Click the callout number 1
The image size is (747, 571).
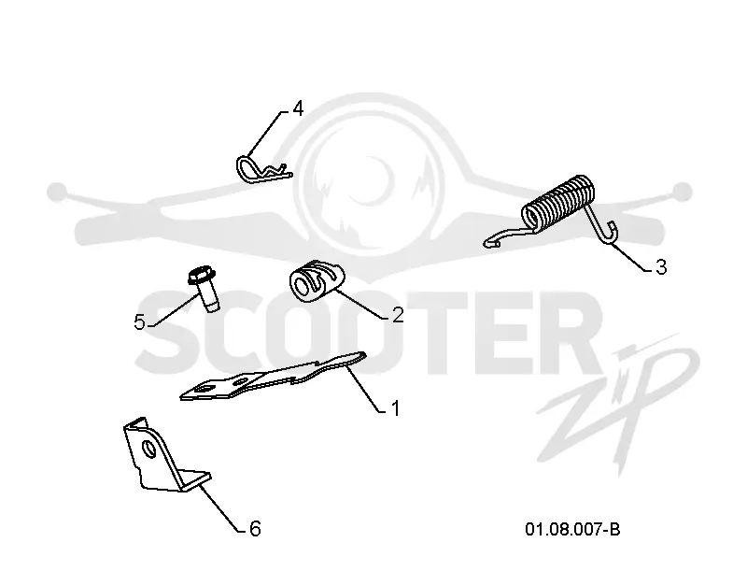(395, 408)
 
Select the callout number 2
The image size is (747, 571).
(398, 315)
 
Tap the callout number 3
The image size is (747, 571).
(661, 267)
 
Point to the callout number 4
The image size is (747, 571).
(298, 108)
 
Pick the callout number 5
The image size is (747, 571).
(139, 322)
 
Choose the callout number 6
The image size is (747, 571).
(255, 529)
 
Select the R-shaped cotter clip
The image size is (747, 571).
(263, 170)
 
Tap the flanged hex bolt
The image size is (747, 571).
(204, 288)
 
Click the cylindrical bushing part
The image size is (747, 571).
(316, 281)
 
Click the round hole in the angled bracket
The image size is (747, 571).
(150, 449)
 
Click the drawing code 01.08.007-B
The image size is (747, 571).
(572, 529)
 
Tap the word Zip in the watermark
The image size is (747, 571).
(619, 406)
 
